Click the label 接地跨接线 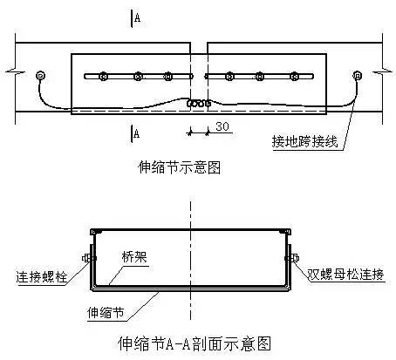pyautogui.click(x=304, y=142)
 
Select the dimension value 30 pyautogui.click(x=222, y=126)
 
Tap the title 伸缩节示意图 pyautogui.click(x=179, y=167)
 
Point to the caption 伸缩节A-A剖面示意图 pyautogui.click(x=195, y=343)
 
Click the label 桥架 pyautogui.click(x=134, y=257)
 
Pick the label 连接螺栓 pyautogui.click(x=42, y=277)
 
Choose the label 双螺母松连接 pyautogui.click(x=345, y=275)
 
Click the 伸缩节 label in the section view pyautogui.click(x=106, y=313)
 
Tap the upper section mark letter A pyautogui.click(x=137, y=17)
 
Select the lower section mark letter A pyautogui.click(x=136, y=133)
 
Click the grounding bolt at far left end pyautogui.click(x=40, y=76)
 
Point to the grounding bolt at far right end pyautogui.click(x=357, y=76)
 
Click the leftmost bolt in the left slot pyautogui.click(x=103, y=77)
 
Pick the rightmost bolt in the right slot pyautogui.click(x=294, y=77)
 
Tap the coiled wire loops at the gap pyautogui.click(x=199, y=103)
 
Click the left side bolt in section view pyautogui.click(x=89, y=258)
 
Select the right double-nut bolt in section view pyautogui.click(x=292, y=258)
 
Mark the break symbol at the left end pyautogui.click(x=15, y=71)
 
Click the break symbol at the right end pyautogui.click(x=382, y=71)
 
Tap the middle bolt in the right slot pyautogui.click(x=260, y=77)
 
